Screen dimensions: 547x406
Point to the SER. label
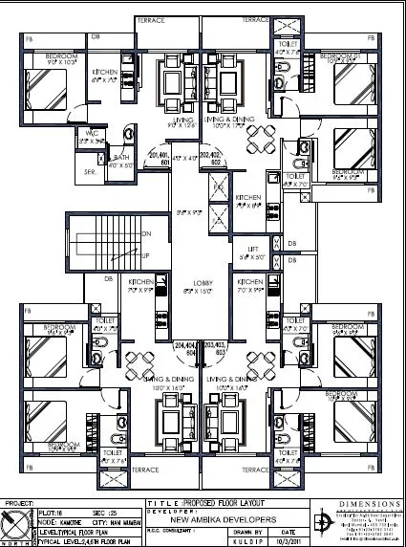coord(90,171)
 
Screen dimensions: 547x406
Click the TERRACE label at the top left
coord(152,19)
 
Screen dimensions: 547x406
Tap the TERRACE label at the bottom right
coord(254,470)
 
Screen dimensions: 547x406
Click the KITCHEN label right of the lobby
coord(251,284)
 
